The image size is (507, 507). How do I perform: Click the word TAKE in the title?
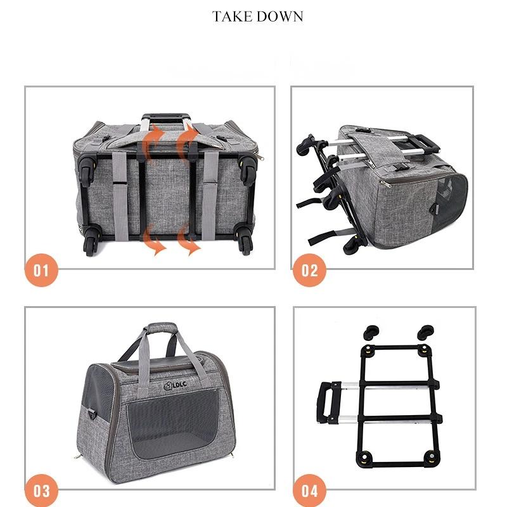pos(232,16)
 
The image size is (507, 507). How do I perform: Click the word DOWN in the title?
pos(279,16)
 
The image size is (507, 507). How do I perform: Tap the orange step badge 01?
pos(41,271)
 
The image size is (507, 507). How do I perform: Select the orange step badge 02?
pos(309,271)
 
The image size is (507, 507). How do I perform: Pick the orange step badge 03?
pos(41,491)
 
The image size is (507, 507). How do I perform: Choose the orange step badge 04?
pos(309,491)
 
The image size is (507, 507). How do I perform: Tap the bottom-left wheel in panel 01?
pos(91,243)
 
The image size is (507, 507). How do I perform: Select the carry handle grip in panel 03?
pos(158,329)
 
